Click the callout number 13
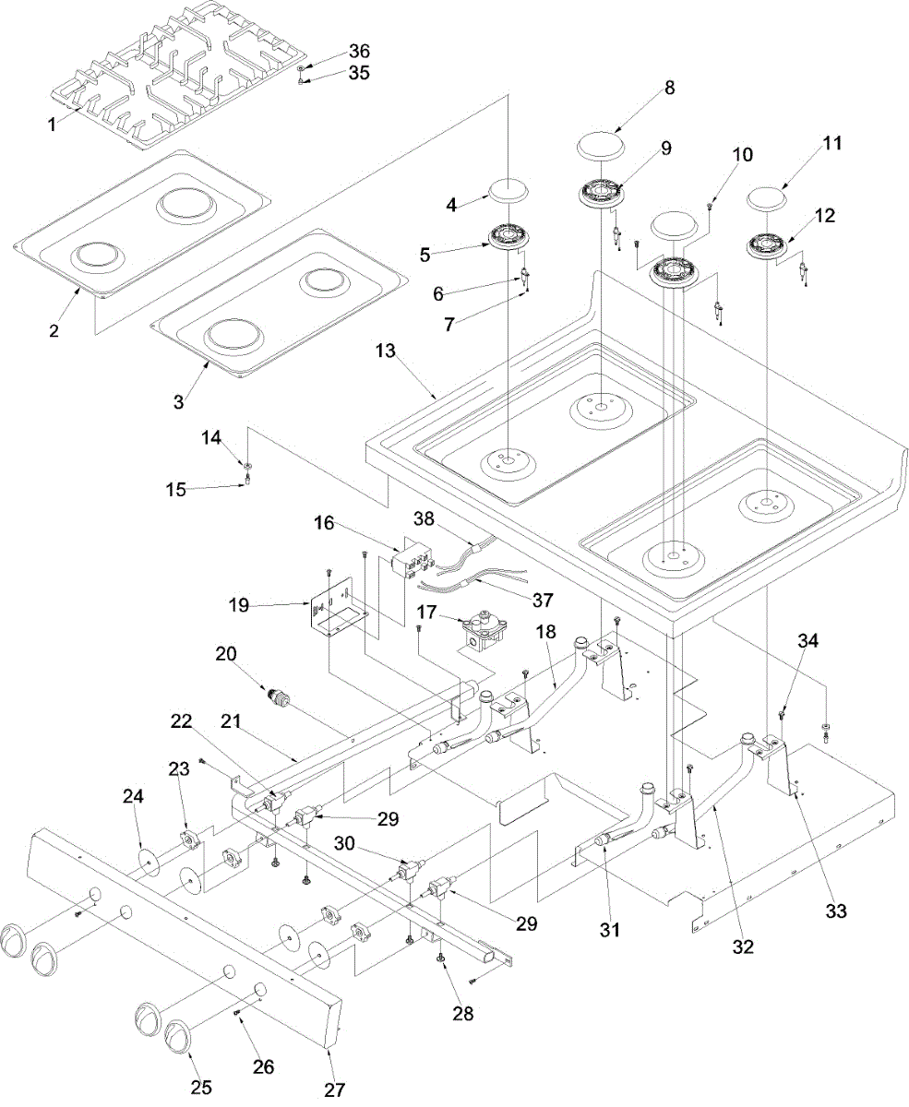coord(385,351)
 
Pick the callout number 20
coord(225,654)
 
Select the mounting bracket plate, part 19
coord(340,609)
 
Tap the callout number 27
coord(335,1089)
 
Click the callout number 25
coord(201,1088)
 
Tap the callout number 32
coord(744,946)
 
